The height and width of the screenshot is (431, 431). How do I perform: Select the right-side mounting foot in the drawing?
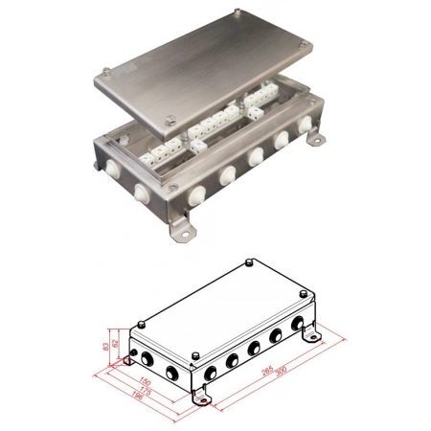[310, 336]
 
